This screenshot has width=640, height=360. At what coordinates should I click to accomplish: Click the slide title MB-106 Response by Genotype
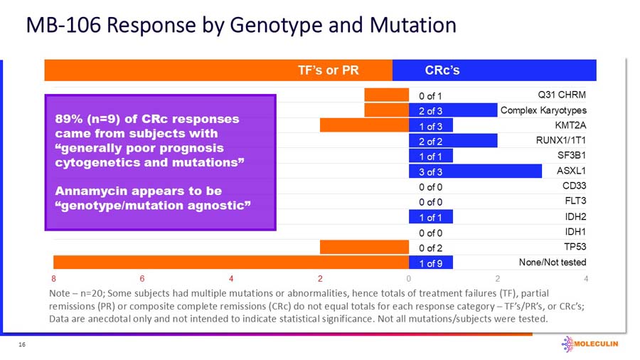[240, 26]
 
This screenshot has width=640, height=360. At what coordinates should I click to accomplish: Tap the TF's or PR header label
[328, 70]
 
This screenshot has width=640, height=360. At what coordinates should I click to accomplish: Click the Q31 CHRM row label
[562, 95]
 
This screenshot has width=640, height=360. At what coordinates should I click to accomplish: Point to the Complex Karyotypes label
[543, 110]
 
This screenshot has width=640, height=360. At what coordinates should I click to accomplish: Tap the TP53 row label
[574, 247]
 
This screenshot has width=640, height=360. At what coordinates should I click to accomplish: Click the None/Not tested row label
[553, 262]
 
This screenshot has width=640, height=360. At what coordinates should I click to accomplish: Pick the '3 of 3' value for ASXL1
[431, 171]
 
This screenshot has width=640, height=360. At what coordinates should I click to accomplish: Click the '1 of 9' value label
[431, 263]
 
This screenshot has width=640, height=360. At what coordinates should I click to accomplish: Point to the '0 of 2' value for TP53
[431, 248]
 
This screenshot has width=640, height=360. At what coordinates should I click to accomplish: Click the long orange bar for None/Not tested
[228, 263]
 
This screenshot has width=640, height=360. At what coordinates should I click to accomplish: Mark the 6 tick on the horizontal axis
[143, 277]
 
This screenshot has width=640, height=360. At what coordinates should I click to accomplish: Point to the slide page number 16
[22, 344]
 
